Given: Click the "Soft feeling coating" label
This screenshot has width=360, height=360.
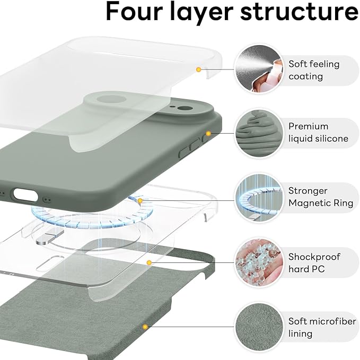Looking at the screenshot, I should point(314,70).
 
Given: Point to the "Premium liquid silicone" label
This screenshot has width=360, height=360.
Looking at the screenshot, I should point(318,133).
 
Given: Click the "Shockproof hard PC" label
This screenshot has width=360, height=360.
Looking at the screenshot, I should point(314,262).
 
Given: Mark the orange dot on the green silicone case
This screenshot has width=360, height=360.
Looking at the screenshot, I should point(208,134).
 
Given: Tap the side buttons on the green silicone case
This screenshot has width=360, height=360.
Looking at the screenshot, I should point(191,148).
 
